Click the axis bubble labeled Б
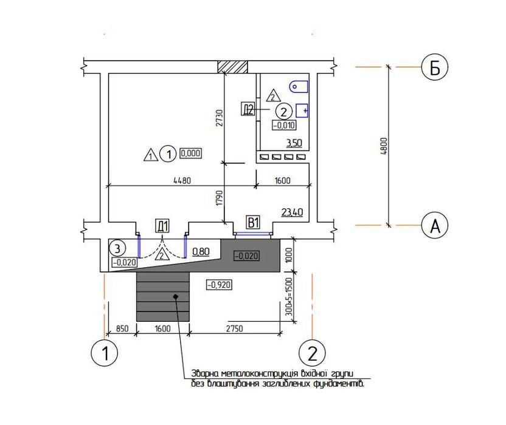click(435, 67)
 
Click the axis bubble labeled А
click(435, 225)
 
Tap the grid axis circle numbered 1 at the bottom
click(105, 352)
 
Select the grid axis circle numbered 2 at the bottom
click(312, 352)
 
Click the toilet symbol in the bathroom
click(299, 87)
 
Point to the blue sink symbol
click(302, 111)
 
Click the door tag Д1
click(162, 226)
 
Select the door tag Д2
click(248, 109)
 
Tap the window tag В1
click(254, 222)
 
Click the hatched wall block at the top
click(233, 67)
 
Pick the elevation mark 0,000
click(191, 153)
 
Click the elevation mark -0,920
click(219, 285)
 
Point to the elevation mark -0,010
click(284, 125)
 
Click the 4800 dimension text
click(384, 146)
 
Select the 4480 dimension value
click(182, 180)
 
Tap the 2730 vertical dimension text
click(220, 118)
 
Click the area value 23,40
click(292, 212)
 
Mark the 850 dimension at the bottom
click(122, 328)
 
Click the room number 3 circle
click(117, 248)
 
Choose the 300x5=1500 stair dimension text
click(289, 297)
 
